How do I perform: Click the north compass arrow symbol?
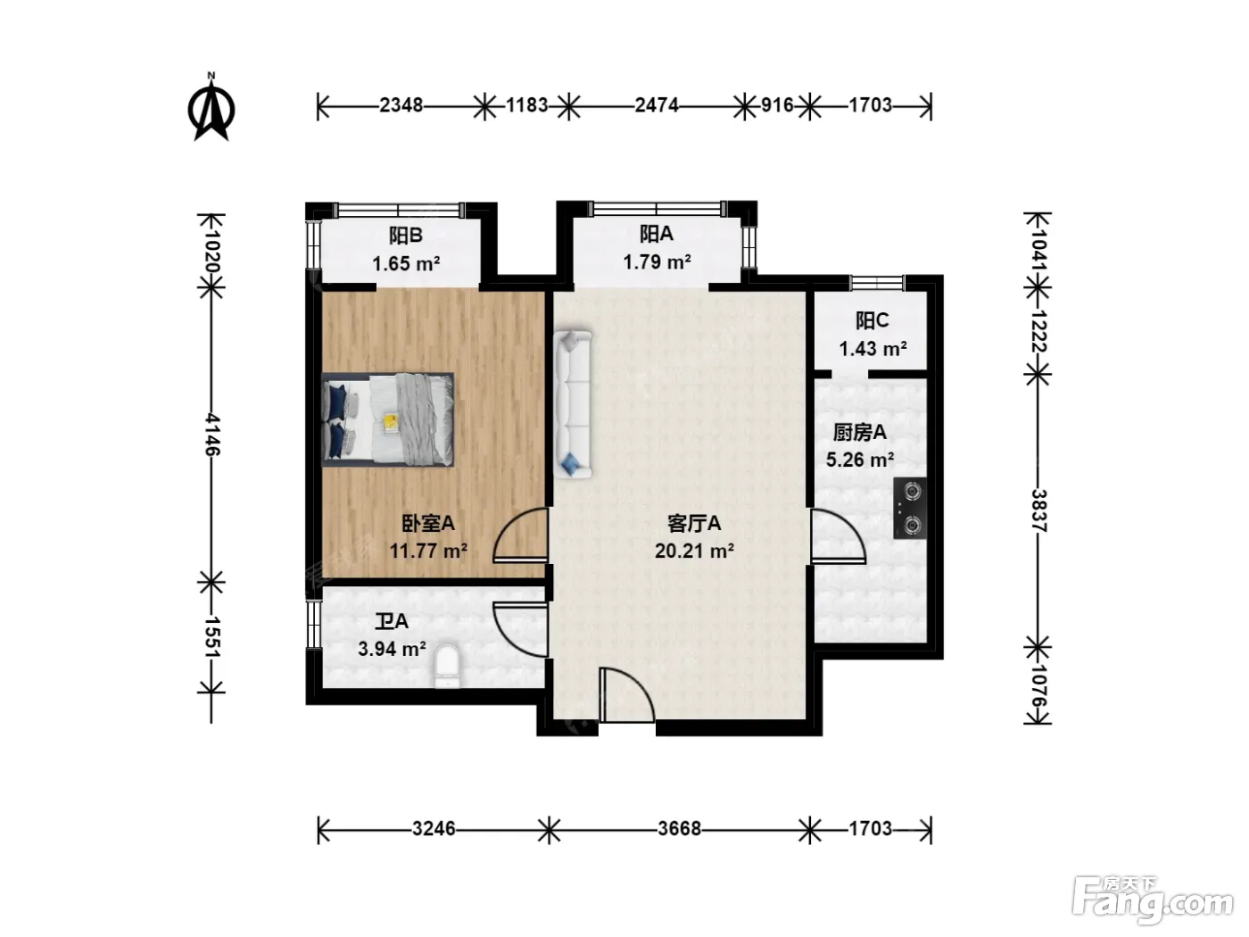(x=211, y=108)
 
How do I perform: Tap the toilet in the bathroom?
(x=447, y=666)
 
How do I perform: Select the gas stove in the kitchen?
(x=909, y=508)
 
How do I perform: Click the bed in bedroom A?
(x=387, y=419)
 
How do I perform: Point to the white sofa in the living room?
(x=573, y=404)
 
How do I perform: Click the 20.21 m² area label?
(x=694, y=551)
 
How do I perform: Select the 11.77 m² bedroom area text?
(x=428, y=551)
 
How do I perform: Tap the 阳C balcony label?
(x=872, y=321)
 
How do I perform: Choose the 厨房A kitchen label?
(x=860, y=433)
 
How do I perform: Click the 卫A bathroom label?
(x=392, y=622)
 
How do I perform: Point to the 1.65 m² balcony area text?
(x=406, y=264)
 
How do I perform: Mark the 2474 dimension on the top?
(x=657, y=105)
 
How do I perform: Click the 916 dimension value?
(x=777, y=105)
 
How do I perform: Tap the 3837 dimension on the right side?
(x=1038, y=510)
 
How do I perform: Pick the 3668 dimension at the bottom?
(x=680, y=828)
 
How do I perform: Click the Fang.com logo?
(x=1153, y=900)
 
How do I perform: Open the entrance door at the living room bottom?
(x=626, y=695)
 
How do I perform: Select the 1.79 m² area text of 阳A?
(x=657, y=262)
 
